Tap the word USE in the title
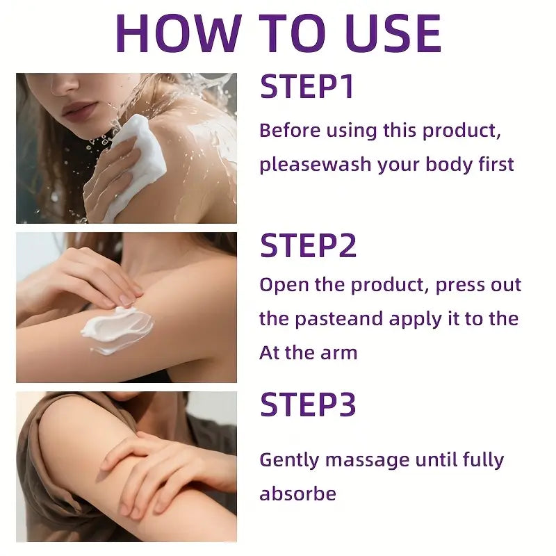coord(385,33)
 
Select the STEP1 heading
coord(307,88)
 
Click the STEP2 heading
coord(309,246)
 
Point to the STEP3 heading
coord(309,404)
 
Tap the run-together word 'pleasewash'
coord(315,165)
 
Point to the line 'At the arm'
coord(308,352)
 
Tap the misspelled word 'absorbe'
coord(297,494)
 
